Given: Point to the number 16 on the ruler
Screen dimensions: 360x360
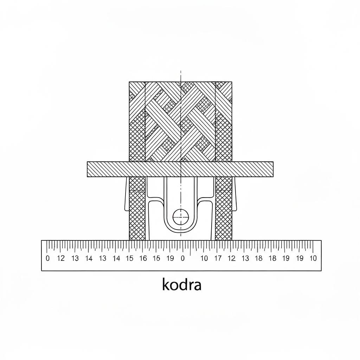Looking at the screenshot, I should click(x=143, y=258).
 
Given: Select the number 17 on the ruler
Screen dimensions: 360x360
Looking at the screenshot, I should click(x=218, y=258).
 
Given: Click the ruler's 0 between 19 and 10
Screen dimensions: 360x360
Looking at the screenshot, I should click(x=182, y=258).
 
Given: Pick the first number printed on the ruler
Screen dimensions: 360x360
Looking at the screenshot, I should click(x=48, y=258).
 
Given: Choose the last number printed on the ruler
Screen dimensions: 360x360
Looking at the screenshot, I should click(x=313, y=258).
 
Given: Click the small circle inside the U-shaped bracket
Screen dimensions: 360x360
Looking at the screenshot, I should click(x=181, y=216).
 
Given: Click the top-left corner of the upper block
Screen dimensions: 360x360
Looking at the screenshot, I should click(x=130, y=82).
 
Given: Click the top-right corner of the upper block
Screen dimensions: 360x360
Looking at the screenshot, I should click(x=232, y=82).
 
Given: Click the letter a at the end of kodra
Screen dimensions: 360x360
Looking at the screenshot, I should click(x=198, y=285).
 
